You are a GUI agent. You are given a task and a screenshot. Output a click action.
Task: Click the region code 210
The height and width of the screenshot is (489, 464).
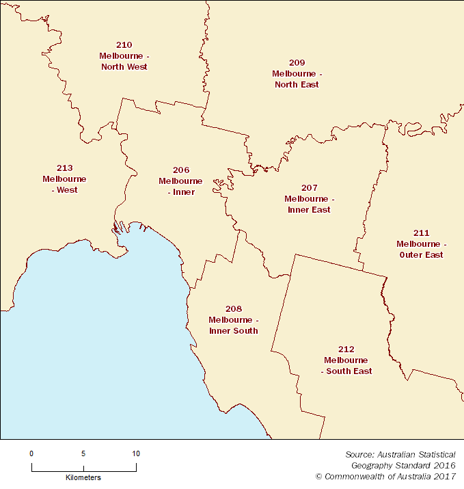(124, 44)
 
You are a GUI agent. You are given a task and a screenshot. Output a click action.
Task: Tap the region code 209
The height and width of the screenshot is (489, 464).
(297, 62)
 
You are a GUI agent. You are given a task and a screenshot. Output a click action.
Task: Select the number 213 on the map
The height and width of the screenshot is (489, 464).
(64, 168)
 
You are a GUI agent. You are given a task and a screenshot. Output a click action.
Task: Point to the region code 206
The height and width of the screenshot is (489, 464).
(181, 170)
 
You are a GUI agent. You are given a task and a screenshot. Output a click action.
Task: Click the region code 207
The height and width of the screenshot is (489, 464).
(309, 187)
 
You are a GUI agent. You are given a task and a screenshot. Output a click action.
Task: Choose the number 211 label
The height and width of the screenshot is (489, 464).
(421, 233)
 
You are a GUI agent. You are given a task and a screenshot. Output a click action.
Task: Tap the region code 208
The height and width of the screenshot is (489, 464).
(234, 308)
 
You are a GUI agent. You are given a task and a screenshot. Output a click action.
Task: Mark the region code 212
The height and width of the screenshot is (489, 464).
(346, 349)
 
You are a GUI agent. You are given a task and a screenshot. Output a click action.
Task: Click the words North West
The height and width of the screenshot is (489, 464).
(124, 67)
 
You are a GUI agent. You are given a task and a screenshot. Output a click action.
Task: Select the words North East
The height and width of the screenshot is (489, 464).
(297, 85)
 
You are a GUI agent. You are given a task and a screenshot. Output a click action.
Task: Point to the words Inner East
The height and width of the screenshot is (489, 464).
(309, 210)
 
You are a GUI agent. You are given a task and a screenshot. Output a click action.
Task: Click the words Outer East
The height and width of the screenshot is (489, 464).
(421, 255)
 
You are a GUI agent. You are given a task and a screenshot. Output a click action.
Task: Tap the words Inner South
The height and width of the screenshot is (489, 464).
(234, 331)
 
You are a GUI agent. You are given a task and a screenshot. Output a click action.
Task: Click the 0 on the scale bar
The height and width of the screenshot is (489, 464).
(31, 453)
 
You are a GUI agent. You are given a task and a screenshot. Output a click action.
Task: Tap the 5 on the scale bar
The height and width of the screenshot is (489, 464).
(83, 453)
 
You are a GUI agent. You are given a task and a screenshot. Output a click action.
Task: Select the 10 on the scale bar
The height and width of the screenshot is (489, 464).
(136, 453)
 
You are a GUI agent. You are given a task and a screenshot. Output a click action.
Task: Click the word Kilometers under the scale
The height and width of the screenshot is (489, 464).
(83, 477)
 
